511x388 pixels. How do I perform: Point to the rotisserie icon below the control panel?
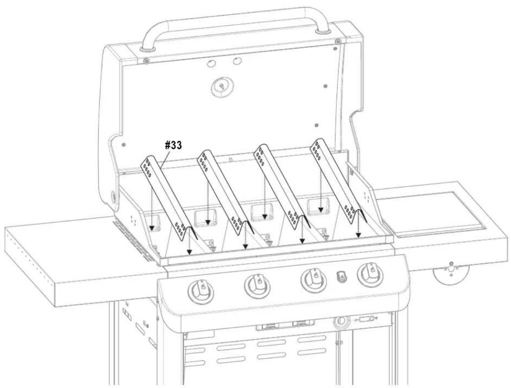[366, 320]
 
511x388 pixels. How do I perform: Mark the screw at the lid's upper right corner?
[338, 42]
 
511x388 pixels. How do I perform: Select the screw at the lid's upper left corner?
[146, 61]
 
